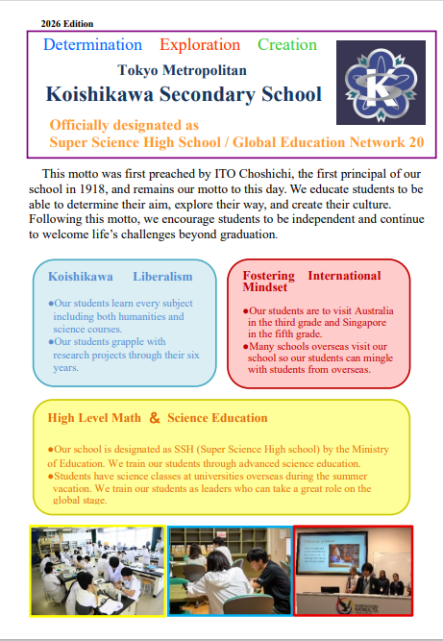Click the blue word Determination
(92, 45)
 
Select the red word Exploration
(200, 45)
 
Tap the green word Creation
(286, 45)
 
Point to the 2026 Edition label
(67, 22)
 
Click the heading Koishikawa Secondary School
(184, 94)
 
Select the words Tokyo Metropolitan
(182, 70)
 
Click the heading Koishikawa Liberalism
(120, 277)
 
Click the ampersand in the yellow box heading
(154, 418)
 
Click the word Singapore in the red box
(358, 324)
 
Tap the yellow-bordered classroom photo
(98, 569)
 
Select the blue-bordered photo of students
(230, 570)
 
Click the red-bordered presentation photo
(353, 570)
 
